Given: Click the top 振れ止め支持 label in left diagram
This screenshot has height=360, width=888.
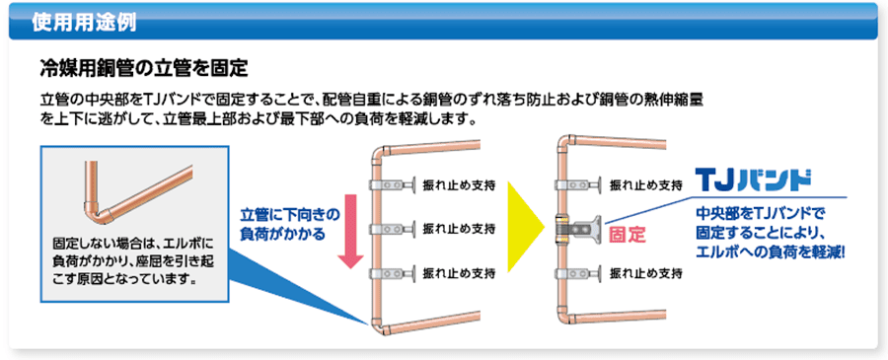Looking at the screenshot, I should pyautogui.click(x=461, y=185).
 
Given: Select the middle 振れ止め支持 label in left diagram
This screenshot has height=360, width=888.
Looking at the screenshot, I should pyautogui.click(x=461, y=229).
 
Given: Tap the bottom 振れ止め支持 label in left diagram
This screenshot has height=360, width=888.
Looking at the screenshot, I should pyautogui.click(x=461, y=272).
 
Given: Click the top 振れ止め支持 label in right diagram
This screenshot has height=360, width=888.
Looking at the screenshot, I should pyautogui.click(x=646, y=184).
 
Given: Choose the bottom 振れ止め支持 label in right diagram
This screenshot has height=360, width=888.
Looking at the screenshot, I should pyautogui.click(x=646, y=272).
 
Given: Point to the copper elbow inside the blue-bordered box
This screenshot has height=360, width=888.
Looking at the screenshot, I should pyautogui.click(x=96, y=210).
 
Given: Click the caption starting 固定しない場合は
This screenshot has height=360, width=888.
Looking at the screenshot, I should pyautogui.click(x=127, y=260).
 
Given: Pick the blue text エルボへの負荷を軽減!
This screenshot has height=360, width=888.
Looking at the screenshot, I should pyautogui.click(x=771, y=251).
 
